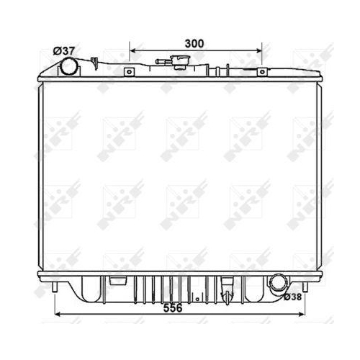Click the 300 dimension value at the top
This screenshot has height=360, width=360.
pos(194,44)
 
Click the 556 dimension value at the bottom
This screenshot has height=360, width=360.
pos(173,308)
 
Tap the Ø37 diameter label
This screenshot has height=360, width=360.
pos(64,51)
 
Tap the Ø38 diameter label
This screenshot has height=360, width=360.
pos(292,297)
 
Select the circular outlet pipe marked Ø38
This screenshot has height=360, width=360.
pos(279,284)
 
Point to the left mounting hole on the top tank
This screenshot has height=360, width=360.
pos(129,72)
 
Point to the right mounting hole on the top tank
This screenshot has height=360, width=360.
pos(262,72)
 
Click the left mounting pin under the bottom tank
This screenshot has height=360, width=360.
pos(55,287)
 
